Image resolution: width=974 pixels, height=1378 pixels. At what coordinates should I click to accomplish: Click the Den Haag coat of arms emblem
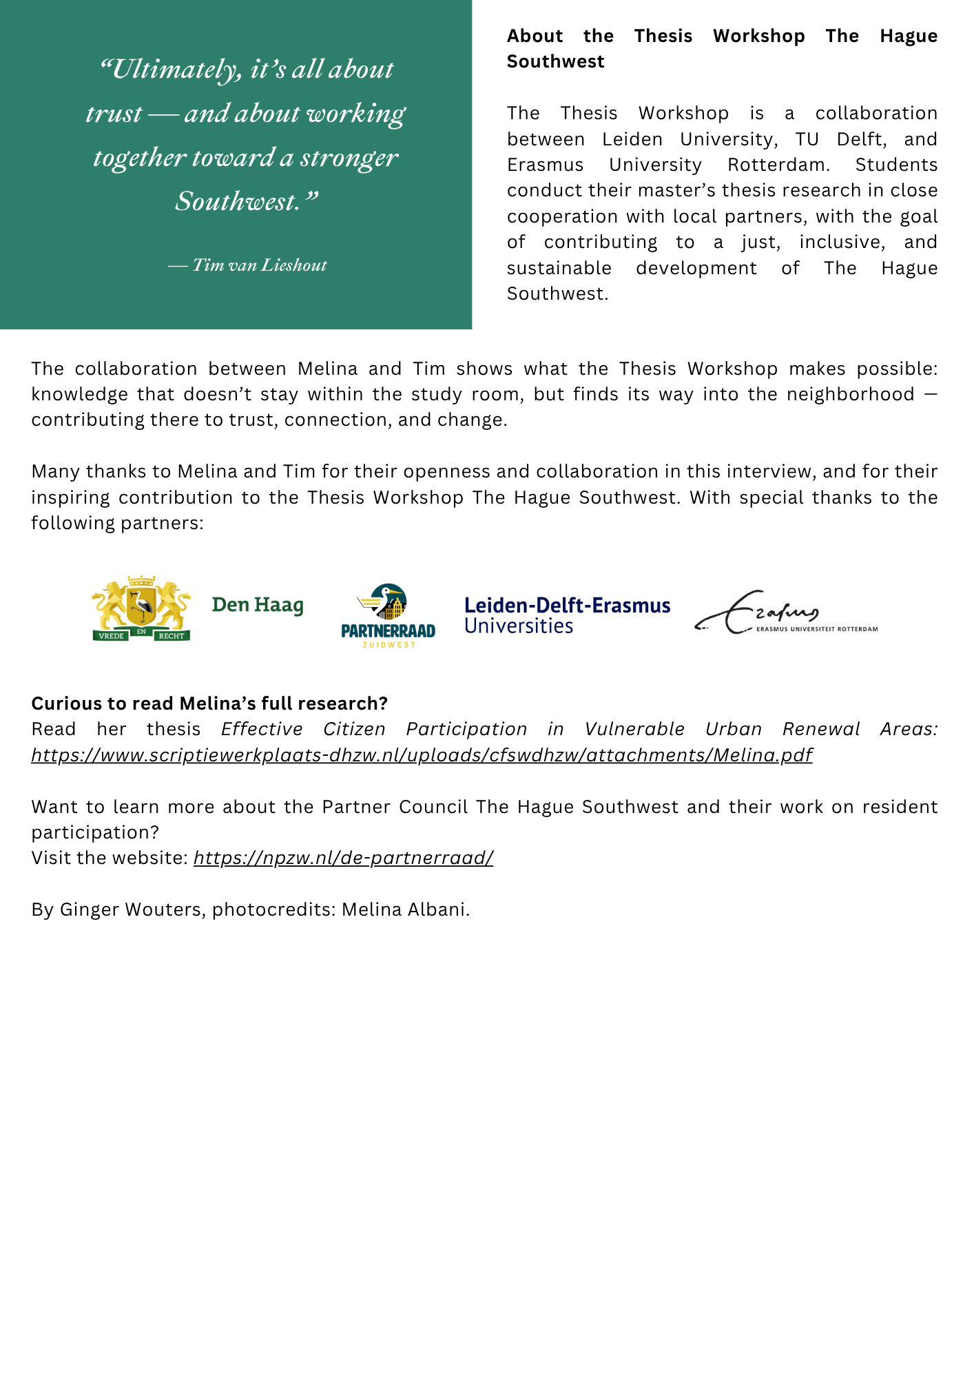click(141, 608)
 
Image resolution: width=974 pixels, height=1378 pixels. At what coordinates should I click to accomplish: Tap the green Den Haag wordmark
click(258, 605)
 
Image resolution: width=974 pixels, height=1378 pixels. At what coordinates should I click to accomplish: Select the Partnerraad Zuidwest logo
click(388, 615)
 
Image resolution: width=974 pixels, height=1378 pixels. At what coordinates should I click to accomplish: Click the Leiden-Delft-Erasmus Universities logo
click(567, 615)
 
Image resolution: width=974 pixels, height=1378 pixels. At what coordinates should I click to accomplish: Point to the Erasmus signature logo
click(785, 613)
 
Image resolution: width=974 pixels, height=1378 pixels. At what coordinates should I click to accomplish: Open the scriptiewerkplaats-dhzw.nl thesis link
click(422, 755)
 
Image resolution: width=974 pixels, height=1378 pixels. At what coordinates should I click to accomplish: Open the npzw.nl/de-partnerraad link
click(343, 858)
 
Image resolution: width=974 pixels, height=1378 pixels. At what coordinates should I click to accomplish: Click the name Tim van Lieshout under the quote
click(259, 265)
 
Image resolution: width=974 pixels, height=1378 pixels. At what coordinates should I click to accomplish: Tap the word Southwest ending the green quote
click(238, 201)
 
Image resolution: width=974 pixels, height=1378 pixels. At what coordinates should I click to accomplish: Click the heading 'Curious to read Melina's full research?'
click(209, 703)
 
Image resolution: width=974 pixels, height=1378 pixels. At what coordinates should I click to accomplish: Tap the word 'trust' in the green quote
click(114, 114)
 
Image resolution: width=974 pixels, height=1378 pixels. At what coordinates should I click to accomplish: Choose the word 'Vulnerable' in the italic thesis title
click(634, 729)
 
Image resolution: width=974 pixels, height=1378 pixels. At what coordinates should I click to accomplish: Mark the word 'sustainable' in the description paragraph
click(559, 268)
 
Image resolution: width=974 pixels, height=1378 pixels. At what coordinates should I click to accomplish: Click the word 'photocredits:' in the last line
click(273, 909)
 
